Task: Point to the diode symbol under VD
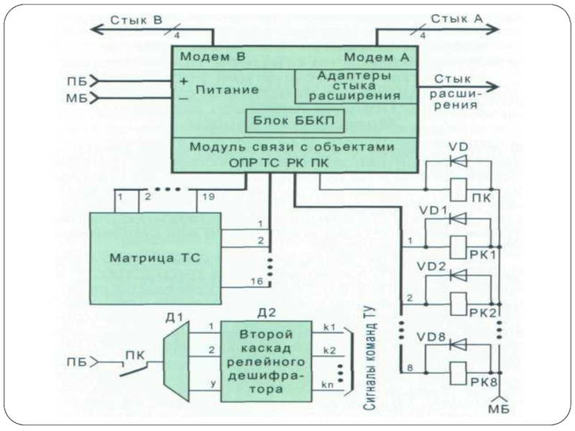459,162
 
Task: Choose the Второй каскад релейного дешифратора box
267,361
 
